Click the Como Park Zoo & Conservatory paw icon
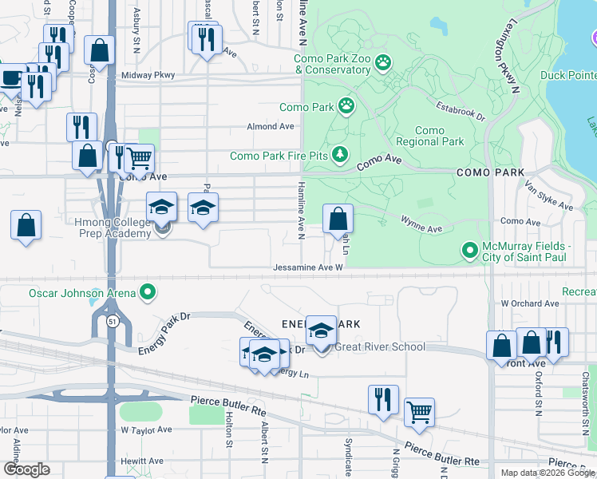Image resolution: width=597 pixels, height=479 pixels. (x=383, y=61)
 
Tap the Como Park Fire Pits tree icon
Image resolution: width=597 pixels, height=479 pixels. (x=341, y=152)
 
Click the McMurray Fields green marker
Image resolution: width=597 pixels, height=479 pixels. (x=469, y=251)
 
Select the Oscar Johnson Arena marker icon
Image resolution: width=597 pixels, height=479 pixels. (x=147, y=293)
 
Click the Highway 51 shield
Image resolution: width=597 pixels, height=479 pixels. (x=113, y=321)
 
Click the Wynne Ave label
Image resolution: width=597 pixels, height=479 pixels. (x=421, y=228)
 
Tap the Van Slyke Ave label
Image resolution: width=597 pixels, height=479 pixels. (x=548, y=196)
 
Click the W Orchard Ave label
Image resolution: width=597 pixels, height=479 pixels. (x=530, y=303)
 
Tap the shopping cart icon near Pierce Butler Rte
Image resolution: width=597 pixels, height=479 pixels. (x=419, y=412)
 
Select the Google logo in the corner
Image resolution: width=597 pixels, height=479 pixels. (x=26, y=469)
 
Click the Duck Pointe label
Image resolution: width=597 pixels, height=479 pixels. (x=567, y=76)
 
